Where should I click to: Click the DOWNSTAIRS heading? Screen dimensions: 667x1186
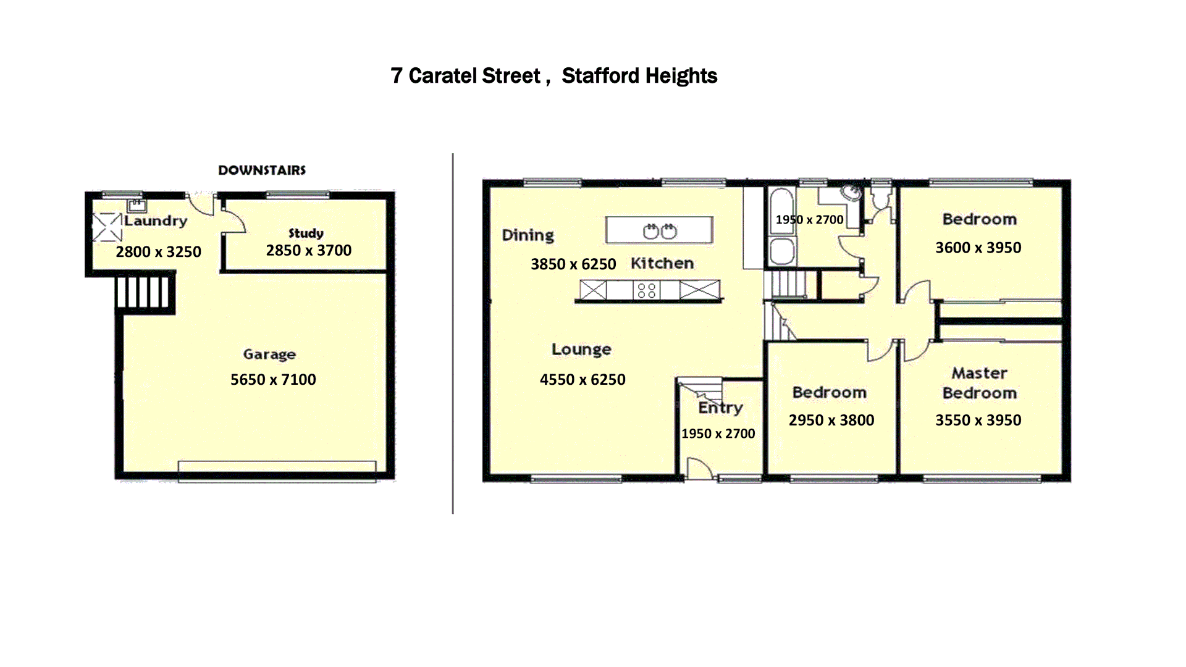pos(262,170)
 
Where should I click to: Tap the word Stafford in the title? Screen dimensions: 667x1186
pos(600,76)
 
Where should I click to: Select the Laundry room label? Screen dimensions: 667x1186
pos(156,221)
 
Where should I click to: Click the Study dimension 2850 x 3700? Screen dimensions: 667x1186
pos(308,251)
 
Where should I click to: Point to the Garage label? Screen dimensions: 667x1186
pos(269,354)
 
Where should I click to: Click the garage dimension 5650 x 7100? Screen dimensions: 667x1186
pos(273,380)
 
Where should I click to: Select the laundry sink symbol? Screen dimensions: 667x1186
pos(137,205)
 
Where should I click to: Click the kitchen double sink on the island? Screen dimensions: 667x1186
pos(660,232)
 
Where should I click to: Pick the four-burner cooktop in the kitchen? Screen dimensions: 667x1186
pos(646,290)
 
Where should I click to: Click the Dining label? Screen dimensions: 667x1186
pos(528,235)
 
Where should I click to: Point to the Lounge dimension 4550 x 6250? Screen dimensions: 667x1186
pos(582,380)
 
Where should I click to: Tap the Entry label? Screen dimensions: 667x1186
pos(720,408)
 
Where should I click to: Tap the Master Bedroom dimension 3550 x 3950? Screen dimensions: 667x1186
pos(978,421)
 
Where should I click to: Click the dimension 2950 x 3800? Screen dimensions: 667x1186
pos(831,421)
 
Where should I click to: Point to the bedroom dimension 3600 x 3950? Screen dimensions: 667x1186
pos(978,248)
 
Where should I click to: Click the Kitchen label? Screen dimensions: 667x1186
pos(662,264)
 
